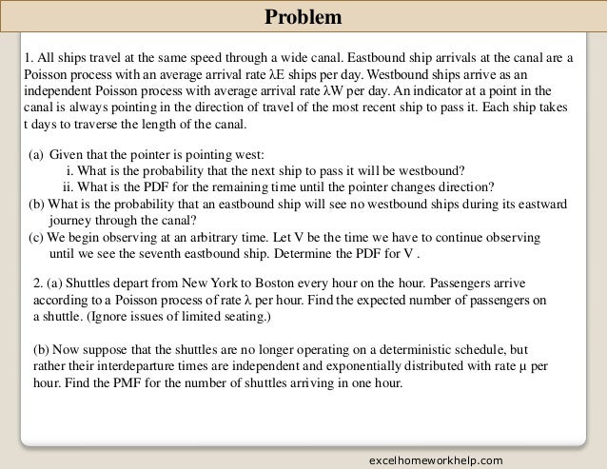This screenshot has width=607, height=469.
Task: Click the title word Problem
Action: (x=303, y=18)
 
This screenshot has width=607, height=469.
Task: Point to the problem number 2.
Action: (x=37, y=283)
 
